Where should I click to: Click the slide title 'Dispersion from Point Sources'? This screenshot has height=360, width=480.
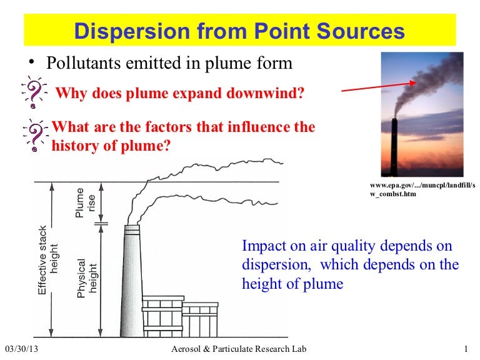pos(239,31)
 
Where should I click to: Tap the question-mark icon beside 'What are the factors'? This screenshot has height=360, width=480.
pos(36,134)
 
